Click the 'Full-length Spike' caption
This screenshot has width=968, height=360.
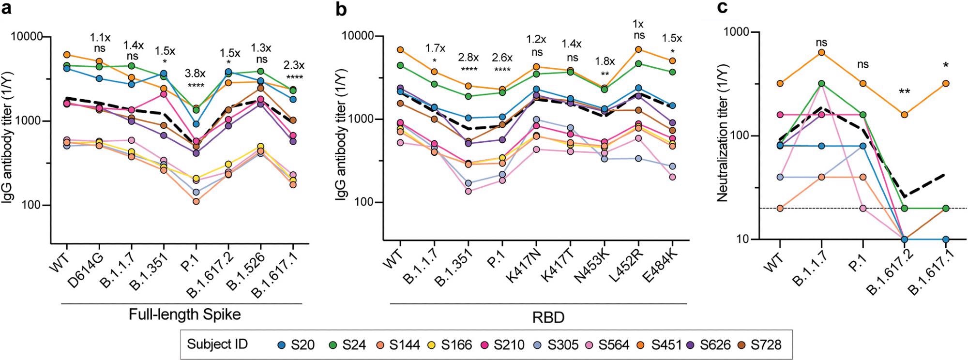tap(184, 315)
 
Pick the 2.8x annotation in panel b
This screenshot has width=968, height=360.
tap(468, 58)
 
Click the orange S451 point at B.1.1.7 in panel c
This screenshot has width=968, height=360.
tap(821, 52)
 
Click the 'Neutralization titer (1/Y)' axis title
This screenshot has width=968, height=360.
tap(723, 136)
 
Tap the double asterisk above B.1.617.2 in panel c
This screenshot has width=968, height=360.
tap(904, 91)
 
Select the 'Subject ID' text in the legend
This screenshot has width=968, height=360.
tap(217, 344)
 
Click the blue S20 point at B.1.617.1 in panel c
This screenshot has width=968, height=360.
tap(945, 240)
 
